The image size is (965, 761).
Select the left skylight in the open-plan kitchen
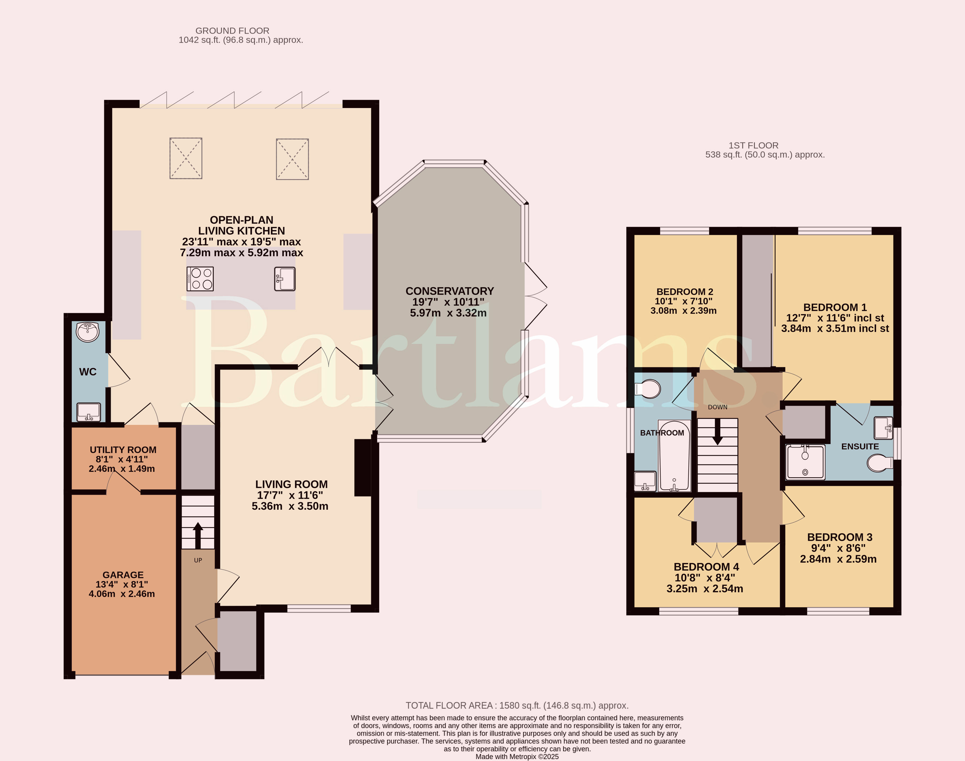pos(186,159)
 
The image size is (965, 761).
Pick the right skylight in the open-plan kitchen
pos(293,159)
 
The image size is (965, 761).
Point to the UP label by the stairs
pos(198,560)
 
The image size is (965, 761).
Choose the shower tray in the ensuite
pos(805,462)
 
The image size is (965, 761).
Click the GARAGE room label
pos(123,575)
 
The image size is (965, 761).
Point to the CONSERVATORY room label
pos(449,291)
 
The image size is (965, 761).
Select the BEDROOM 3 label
pos(840,537)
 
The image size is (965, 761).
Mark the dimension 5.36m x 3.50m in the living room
pos(290,506)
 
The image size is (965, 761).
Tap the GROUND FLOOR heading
pos(232,31)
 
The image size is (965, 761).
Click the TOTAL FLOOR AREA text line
pos(517,705)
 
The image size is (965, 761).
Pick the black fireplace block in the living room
pos(363,468)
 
